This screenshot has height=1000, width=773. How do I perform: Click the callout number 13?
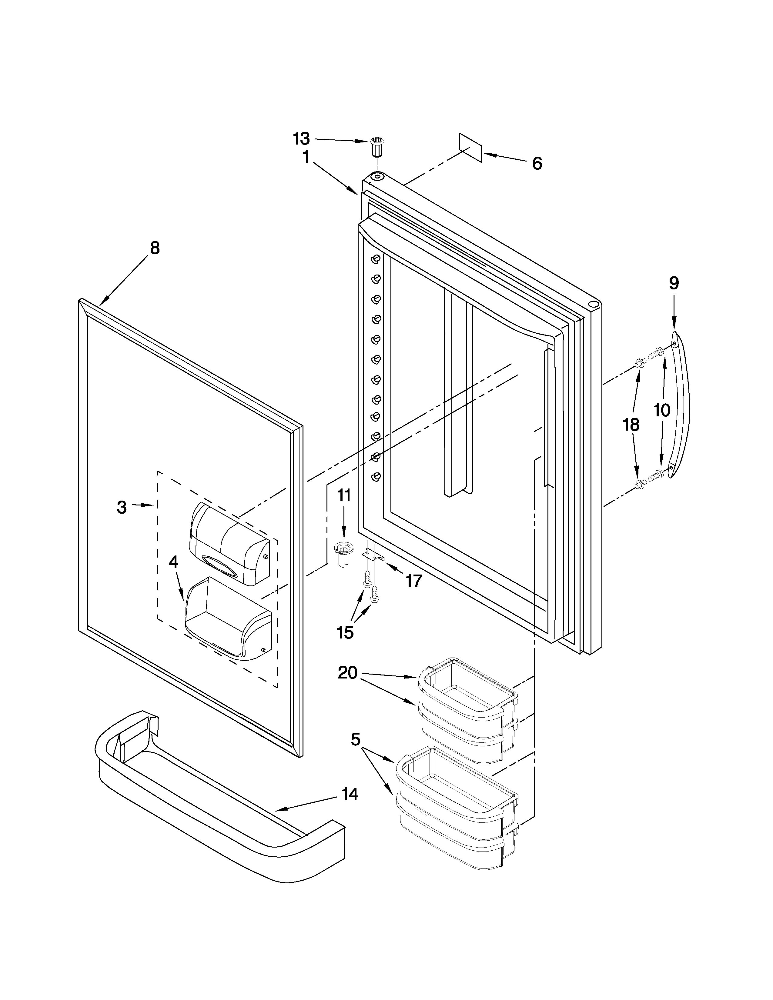click(x=301, y=138)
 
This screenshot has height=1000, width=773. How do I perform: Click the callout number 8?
click(x=155, y=248)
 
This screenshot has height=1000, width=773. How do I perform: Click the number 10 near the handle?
click(x=661, y=410)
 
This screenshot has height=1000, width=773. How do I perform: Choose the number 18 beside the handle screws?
click(x=631, y=425)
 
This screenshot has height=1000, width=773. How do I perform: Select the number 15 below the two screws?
click(x=345, y=633)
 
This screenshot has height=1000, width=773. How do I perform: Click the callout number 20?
click(x=348, y=673)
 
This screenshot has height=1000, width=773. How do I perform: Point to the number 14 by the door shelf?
click(x=350, y=795)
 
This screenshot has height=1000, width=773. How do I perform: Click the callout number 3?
click(x=121, y=507)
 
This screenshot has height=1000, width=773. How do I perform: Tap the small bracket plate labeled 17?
click(x=372, y=555)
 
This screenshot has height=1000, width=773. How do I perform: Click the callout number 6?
click(x=537, y=163)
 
